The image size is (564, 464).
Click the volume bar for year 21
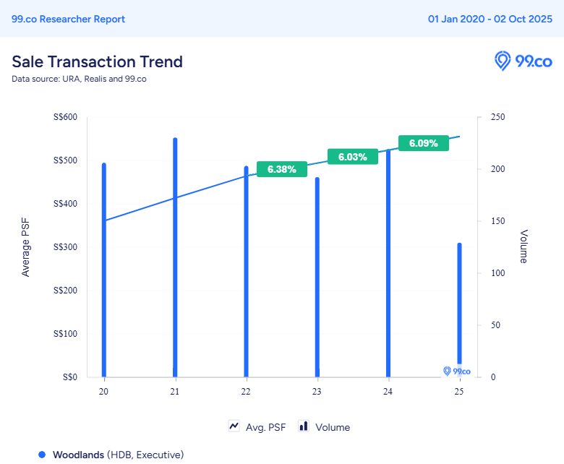pyautogui.click(x=175, y=260)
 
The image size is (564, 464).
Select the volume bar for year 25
pyautogui.click(x=458, y=304)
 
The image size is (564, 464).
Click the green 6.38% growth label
pyautogui.click(x=282, y=169)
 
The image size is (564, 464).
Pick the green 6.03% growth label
pyautogui.click(x=353, y=157)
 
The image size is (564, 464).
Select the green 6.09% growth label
pyautogui.click(x=424, y=143)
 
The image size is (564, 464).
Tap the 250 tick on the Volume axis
pyautogui.click(x=498, y=117)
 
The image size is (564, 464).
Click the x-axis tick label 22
pyautogui.click(x=246, y=392)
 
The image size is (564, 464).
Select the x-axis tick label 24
pyautogui.click(x=388, y=392)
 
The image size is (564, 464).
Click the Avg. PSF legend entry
pyautogui.click(x=257, y=427)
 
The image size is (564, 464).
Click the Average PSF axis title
pyautogui.click(x=26, y=247)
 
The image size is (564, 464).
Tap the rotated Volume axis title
pyautogui.click(x=524, y=246)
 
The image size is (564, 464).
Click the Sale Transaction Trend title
pyautogui.click(x=97, y=61)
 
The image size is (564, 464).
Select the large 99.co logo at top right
pyautogui.click(x=523, y=61)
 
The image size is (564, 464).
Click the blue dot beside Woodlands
pyautogui.click(x=42, y=455)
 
